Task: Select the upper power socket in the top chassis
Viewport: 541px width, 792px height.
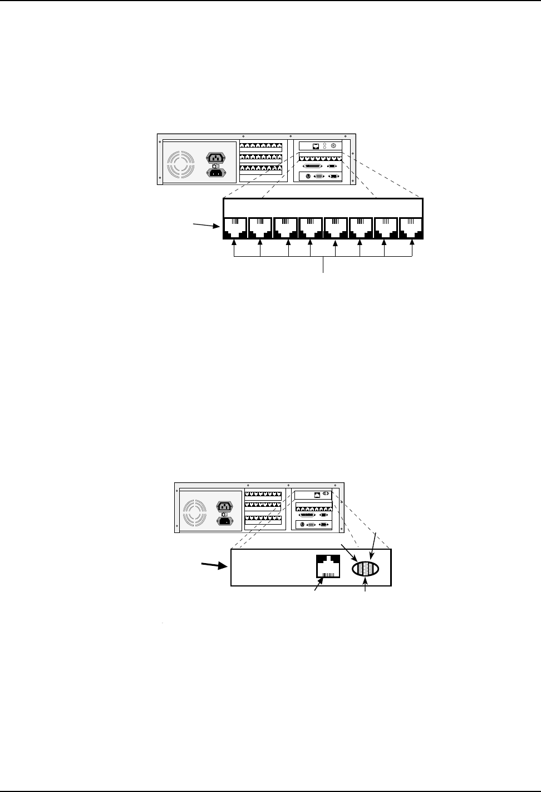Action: point(216,157)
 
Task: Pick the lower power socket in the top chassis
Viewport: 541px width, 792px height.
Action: point(216,173)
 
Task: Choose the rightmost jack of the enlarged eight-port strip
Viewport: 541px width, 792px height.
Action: point(411,227)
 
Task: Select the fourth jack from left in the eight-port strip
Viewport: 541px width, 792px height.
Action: point(310,227)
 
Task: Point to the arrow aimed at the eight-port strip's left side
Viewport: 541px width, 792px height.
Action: point(206,225)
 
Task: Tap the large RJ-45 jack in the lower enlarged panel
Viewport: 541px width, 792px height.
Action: point(327,568)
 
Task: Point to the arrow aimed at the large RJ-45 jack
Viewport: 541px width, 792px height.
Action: point(319,586)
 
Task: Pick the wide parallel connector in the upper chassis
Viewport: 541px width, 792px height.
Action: point(312,165)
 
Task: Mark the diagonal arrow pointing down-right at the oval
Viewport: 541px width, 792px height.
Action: point(350,553)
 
